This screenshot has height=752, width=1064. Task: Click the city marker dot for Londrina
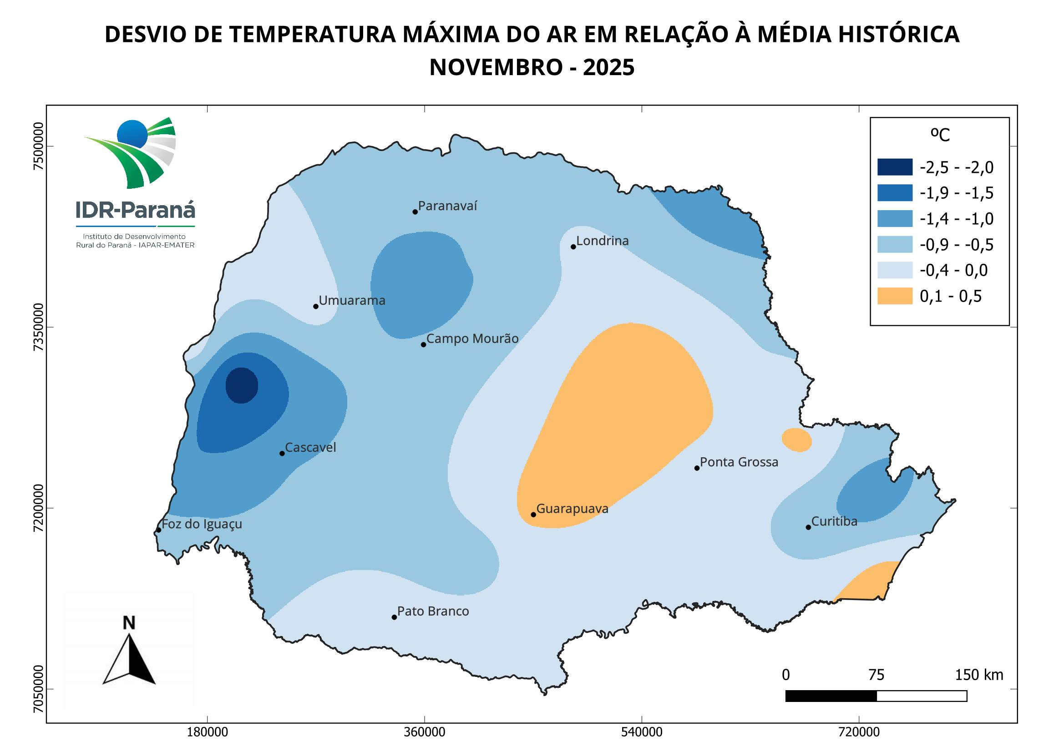[x=573, y=247]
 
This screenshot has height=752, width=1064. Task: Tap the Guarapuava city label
[x=573, y=509]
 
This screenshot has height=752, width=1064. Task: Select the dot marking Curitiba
[x=808, y=527]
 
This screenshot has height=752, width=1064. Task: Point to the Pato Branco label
[x=433, y=611]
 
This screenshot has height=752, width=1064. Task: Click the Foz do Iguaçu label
[x=202, y=524]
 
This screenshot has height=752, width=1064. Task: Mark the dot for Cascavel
[x=282, y=453]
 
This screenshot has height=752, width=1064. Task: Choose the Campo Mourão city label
[x=472, y=339]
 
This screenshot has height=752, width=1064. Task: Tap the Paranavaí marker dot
[x=415, y=212]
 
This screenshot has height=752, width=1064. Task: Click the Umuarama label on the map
[x=352, y=300]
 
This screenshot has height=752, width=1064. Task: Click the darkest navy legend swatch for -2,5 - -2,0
[x=894, y=167]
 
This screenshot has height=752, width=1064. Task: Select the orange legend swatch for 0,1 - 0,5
[x=894, y=296]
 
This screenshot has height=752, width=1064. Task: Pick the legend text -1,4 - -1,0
[x=957, y=219]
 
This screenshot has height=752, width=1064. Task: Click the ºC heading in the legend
[x=940, y=135]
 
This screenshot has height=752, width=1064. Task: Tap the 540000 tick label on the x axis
[x=642, y=733]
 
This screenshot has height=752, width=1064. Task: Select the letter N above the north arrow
[x=129, y=623]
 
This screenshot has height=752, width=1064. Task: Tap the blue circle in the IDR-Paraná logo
[x=132, y=134]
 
